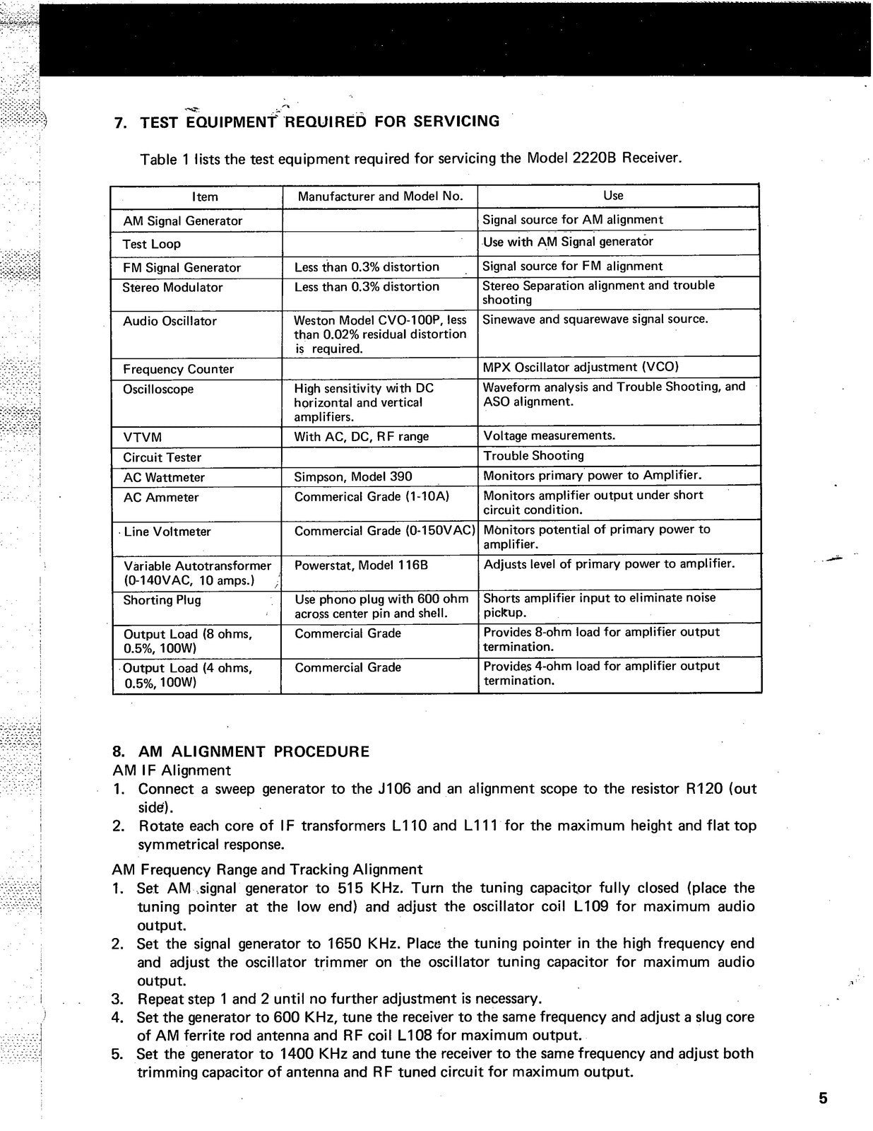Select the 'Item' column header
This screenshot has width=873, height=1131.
coord(205,197)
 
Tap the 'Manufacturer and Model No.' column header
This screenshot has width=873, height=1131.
coord(380,196)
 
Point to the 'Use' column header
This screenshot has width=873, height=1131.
coord(613,195)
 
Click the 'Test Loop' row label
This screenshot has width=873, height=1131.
coord(152,244)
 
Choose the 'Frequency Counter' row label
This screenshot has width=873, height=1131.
coord(178,369)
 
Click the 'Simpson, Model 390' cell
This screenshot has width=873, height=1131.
coord(353,477)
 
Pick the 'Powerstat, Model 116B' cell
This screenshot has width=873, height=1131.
coord(361,565)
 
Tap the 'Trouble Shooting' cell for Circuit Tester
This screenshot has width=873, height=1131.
coord(533,456)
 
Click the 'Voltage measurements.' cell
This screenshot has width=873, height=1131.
coord(549,435)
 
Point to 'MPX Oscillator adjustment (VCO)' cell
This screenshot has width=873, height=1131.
coord(580,367)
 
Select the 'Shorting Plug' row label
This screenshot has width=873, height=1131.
coord(162,600)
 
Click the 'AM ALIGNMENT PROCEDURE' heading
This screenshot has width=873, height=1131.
coord(254,751)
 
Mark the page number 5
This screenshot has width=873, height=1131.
coord(823,1098)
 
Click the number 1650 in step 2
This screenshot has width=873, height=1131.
coord(346,944)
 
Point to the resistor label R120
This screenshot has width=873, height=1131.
coord(704,788)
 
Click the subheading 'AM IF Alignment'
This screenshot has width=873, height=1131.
coord(171,770)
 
